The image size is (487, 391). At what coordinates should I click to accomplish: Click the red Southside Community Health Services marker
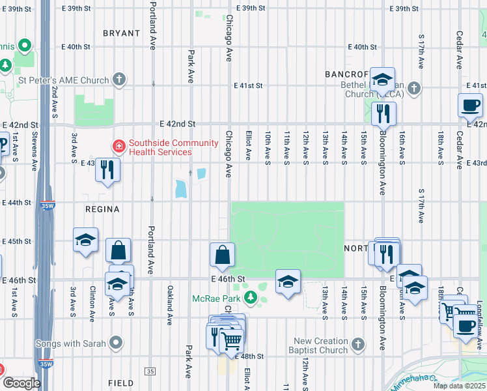tap(118, 147)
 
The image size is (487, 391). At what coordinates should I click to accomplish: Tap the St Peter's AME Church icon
tap(118, 80)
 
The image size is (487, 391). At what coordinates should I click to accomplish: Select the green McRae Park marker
tap(249, 298)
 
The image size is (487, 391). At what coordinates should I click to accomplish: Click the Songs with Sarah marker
tap(117, 342)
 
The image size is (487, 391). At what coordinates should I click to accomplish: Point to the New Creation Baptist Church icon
tap(356, 343)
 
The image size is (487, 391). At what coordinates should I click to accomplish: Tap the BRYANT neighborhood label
tap(121, 33)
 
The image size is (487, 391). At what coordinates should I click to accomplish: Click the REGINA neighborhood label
tap(102, 209)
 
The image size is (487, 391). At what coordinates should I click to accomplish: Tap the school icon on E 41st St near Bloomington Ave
tap(382, 80)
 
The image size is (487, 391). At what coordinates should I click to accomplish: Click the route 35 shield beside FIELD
tap(150, 371)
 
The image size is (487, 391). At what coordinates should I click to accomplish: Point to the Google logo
tap(21, 383)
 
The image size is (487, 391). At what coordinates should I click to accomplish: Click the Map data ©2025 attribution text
tap(458, 386)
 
